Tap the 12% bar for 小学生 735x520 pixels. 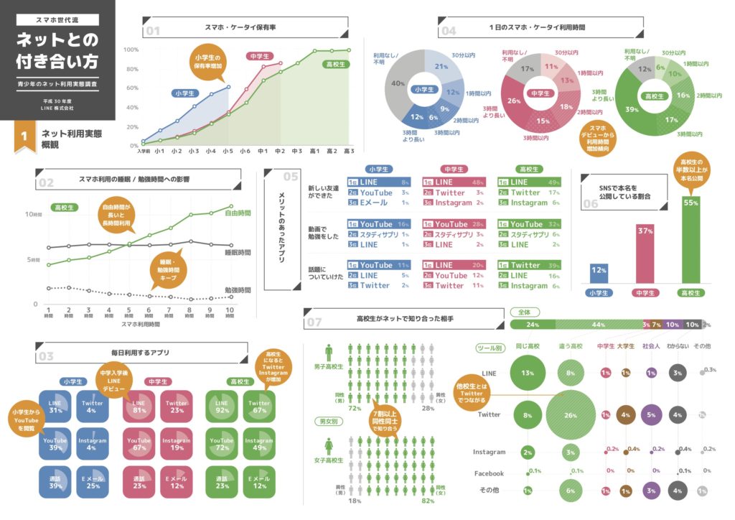599,272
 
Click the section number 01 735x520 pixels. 153,31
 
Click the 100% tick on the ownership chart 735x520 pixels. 131,50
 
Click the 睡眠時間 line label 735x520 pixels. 238,253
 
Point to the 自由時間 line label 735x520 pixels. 238,213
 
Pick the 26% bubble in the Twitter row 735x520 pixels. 571,414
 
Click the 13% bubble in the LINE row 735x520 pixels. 528,373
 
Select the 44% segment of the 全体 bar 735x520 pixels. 597,325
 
